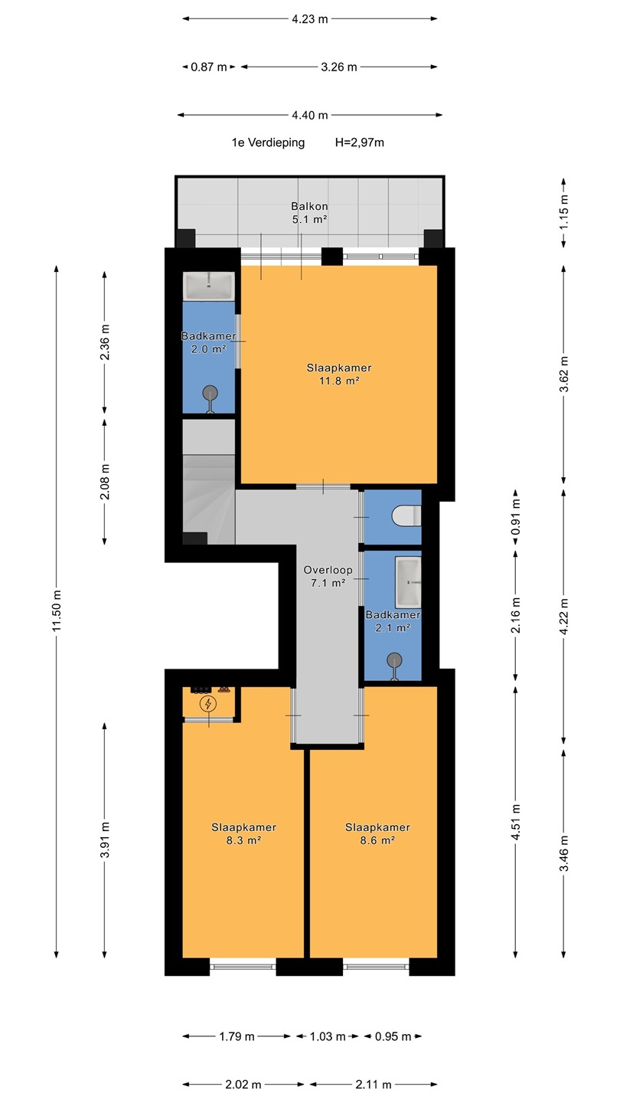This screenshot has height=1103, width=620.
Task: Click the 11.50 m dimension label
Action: click(57, 610)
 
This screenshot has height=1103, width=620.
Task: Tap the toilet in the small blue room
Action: click(406, 516)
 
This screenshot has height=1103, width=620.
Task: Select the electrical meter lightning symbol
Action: click(208, 704)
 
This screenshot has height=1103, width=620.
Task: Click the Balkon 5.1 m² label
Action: click(309, 213)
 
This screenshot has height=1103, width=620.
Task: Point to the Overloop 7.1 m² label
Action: click(328, 577)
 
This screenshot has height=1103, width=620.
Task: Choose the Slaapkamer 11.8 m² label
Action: click(339, 374)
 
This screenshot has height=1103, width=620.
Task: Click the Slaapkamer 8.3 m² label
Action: click(243, 833)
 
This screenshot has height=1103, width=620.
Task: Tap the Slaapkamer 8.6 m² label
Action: click(377, 833)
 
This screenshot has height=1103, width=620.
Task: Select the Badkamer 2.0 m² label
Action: click(209, 342)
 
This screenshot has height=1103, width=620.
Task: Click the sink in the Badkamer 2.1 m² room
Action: click(409, 582)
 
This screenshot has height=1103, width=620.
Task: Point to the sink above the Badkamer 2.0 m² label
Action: click(209, 285)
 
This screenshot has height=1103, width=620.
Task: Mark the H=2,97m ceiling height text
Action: click(360, 142)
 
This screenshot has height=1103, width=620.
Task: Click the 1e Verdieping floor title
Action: click(268, 142)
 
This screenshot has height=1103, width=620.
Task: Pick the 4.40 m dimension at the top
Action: click(309, 115)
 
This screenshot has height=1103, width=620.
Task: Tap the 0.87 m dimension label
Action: click(209, 67)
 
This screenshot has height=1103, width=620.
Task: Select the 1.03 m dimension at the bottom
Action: click(328, 1036)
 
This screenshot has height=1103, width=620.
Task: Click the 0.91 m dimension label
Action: click(516, 516)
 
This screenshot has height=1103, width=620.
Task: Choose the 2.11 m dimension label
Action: click(374, 1085)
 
